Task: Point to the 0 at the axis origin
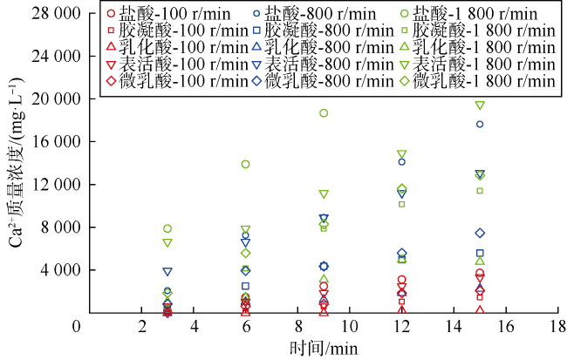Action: [77, 326]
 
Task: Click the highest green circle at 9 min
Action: [324, 113]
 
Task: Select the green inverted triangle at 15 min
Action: [480, 105]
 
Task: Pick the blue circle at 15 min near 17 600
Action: [480, 125]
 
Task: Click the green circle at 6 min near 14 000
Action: [246, 164]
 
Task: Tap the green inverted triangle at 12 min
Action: [402, 155]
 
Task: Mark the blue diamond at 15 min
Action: [480, 233]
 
